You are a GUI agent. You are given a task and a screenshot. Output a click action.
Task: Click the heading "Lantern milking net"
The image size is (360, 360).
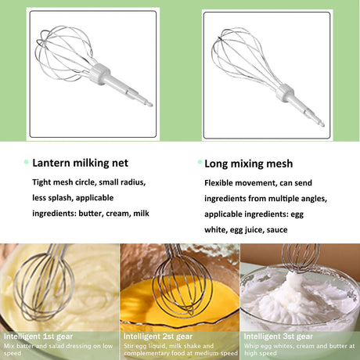80,163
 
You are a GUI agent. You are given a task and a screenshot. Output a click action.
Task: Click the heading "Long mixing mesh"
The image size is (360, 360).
248,164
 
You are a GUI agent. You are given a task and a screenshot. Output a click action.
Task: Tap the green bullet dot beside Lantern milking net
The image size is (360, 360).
26,162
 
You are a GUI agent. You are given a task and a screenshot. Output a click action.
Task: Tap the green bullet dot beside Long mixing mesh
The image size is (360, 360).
200,162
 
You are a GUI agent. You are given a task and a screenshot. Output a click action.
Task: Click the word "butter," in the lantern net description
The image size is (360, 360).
91,214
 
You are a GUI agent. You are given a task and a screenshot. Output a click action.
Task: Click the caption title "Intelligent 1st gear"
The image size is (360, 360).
38,337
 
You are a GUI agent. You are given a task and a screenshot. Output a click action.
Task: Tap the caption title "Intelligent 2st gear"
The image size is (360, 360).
158,337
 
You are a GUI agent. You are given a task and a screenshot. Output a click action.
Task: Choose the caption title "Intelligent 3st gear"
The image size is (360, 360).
278,337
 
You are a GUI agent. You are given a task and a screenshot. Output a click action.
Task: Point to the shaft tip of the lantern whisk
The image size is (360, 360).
150,104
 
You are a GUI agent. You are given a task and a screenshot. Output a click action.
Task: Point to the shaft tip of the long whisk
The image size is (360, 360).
322,124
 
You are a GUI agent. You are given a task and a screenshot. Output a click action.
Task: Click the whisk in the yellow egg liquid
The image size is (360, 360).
182,287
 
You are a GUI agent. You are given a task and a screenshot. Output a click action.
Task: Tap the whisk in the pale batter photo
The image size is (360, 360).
45,284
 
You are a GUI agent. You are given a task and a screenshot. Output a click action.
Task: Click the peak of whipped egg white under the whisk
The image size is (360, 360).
297,279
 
